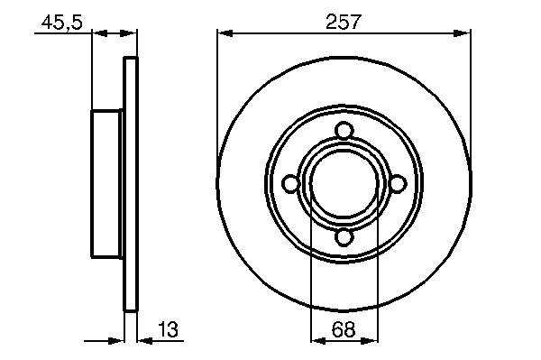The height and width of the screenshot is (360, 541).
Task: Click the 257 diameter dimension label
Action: click(x=344, y=22)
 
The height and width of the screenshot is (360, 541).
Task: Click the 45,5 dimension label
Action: click(x=61, y=23)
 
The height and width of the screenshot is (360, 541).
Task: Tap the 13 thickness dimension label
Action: click(x=168, y=329)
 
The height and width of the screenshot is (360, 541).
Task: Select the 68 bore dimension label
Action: click(x=343, y=329)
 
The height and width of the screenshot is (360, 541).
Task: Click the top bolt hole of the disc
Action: click(x=344, y=131)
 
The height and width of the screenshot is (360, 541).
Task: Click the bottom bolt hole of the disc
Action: click(x=344, y=237)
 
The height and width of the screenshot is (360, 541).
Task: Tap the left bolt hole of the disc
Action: click(x=291, y=184)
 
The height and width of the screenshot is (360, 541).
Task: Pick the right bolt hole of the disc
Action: click(x=398, y=184)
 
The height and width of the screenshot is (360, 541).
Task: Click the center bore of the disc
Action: click(x=344, y=184)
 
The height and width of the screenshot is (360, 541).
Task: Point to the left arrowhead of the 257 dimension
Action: click(x=225, y=33)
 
